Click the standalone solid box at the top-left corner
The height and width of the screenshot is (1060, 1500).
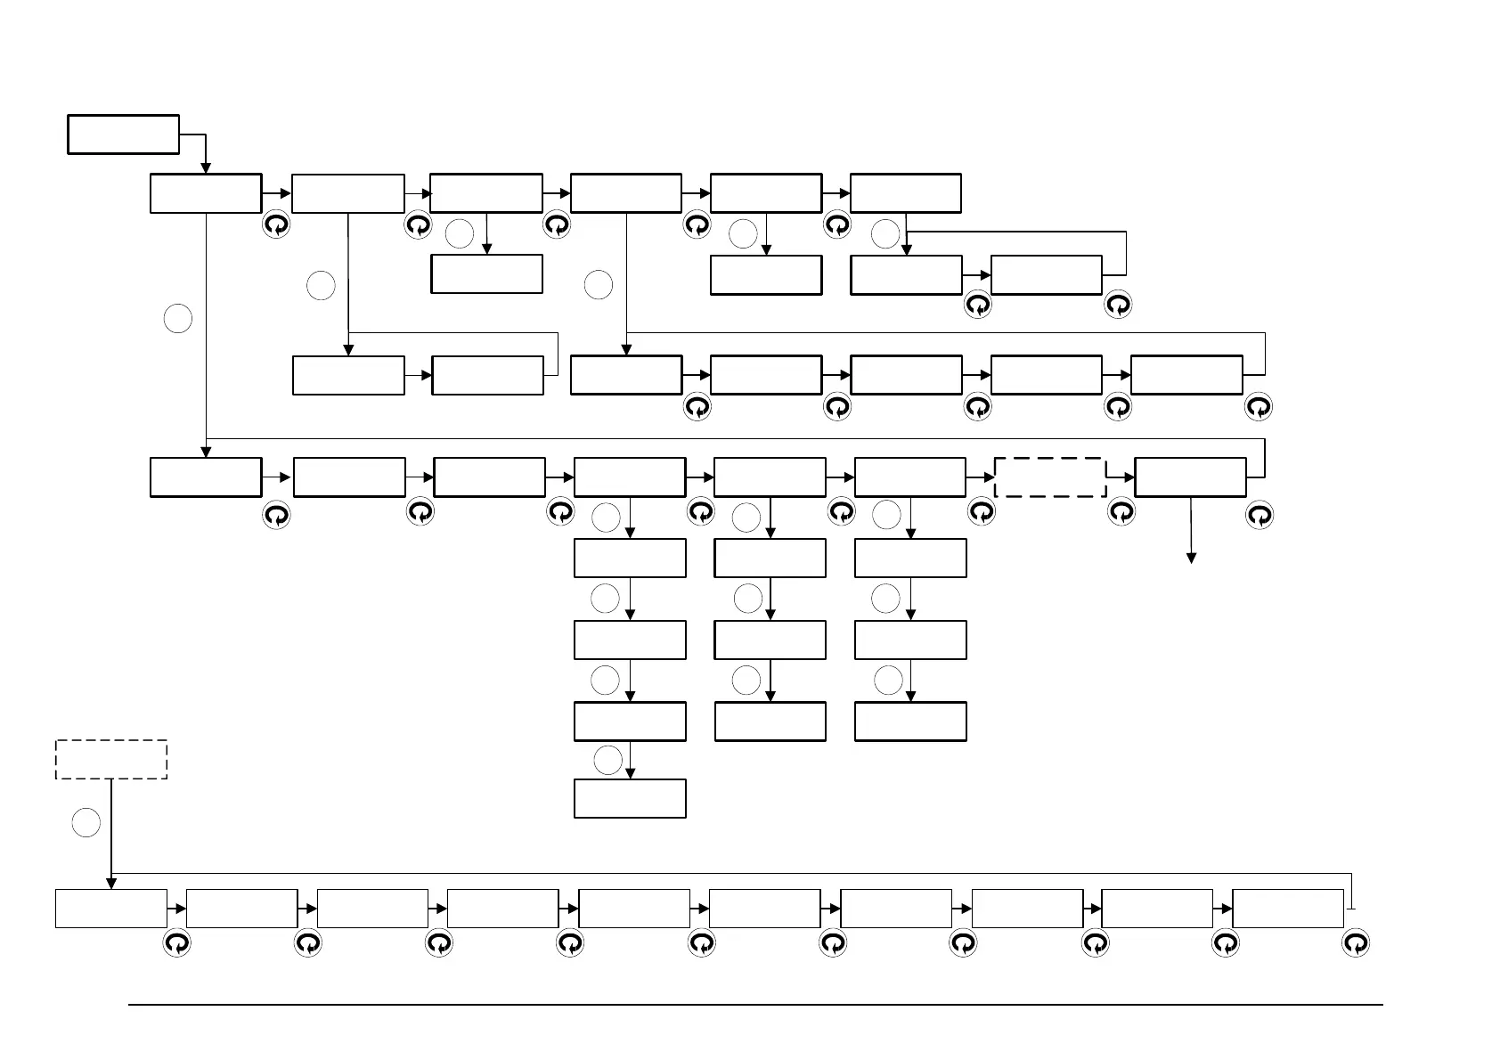click(123, 135)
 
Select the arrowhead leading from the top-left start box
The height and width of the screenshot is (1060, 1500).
click(206, 167)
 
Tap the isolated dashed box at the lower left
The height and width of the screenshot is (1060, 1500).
click(111, 759)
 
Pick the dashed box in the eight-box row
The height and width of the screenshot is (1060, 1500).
click(1050, 477)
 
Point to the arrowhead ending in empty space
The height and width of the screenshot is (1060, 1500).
click(1191, 558)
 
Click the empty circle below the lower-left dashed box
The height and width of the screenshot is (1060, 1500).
click(86, 822)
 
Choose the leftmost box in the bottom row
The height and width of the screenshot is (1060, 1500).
click(111, 908)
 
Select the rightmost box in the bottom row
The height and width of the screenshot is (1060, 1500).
click(1288, 908)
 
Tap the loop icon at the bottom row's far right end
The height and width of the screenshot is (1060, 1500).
click(1356, 943)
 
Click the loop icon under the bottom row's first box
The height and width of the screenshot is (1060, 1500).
click(176, 943)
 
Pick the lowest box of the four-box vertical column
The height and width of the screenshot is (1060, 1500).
click(630, 798)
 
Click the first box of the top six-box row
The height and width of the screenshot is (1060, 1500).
click(206, 193)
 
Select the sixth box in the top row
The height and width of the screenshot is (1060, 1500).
click(906, 193)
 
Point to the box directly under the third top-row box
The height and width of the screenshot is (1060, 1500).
click(486, 274)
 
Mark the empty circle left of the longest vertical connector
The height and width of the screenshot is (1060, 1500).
click(178, 319)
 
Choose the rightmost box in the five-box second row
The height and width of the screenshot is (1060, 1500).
click(1186, 375)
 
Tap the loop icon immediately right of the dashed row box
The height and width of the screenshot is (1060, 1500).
click(1121, 512)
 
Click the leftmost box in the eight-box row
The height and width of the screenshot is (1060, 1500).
click(206, 477)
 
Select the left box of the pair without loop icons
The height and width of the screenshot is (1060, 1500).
click(348, 375)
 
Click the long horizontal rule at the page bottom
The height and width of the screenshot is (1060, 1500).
click(755, 1006)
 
